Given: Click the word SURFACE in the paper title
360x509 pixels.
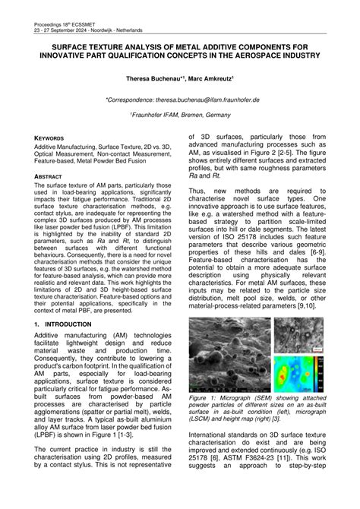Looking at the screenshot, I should [60, 46].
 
